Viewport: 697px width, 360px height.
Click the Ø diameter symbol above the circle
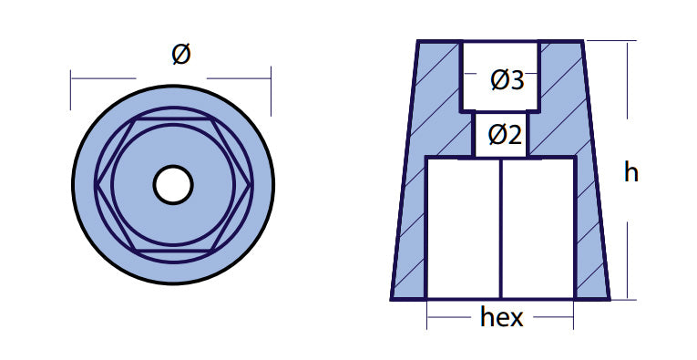[181, 54]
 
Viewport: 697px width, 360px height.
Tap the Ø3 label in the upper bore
[507, 80]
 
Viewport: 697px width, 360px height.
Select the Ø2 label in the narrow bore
[505, 134]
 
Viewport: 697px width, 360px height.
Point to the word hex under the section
[501, 317]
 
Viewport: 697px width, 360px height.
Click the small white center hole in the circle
[173, 184]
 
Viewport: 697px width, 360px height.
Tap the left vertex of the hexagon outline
[97, 185]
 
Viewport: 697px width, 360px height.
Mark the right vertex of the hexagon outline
[251, 185]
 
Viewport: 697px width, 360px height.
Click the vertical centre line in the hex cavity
[501, 229]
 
